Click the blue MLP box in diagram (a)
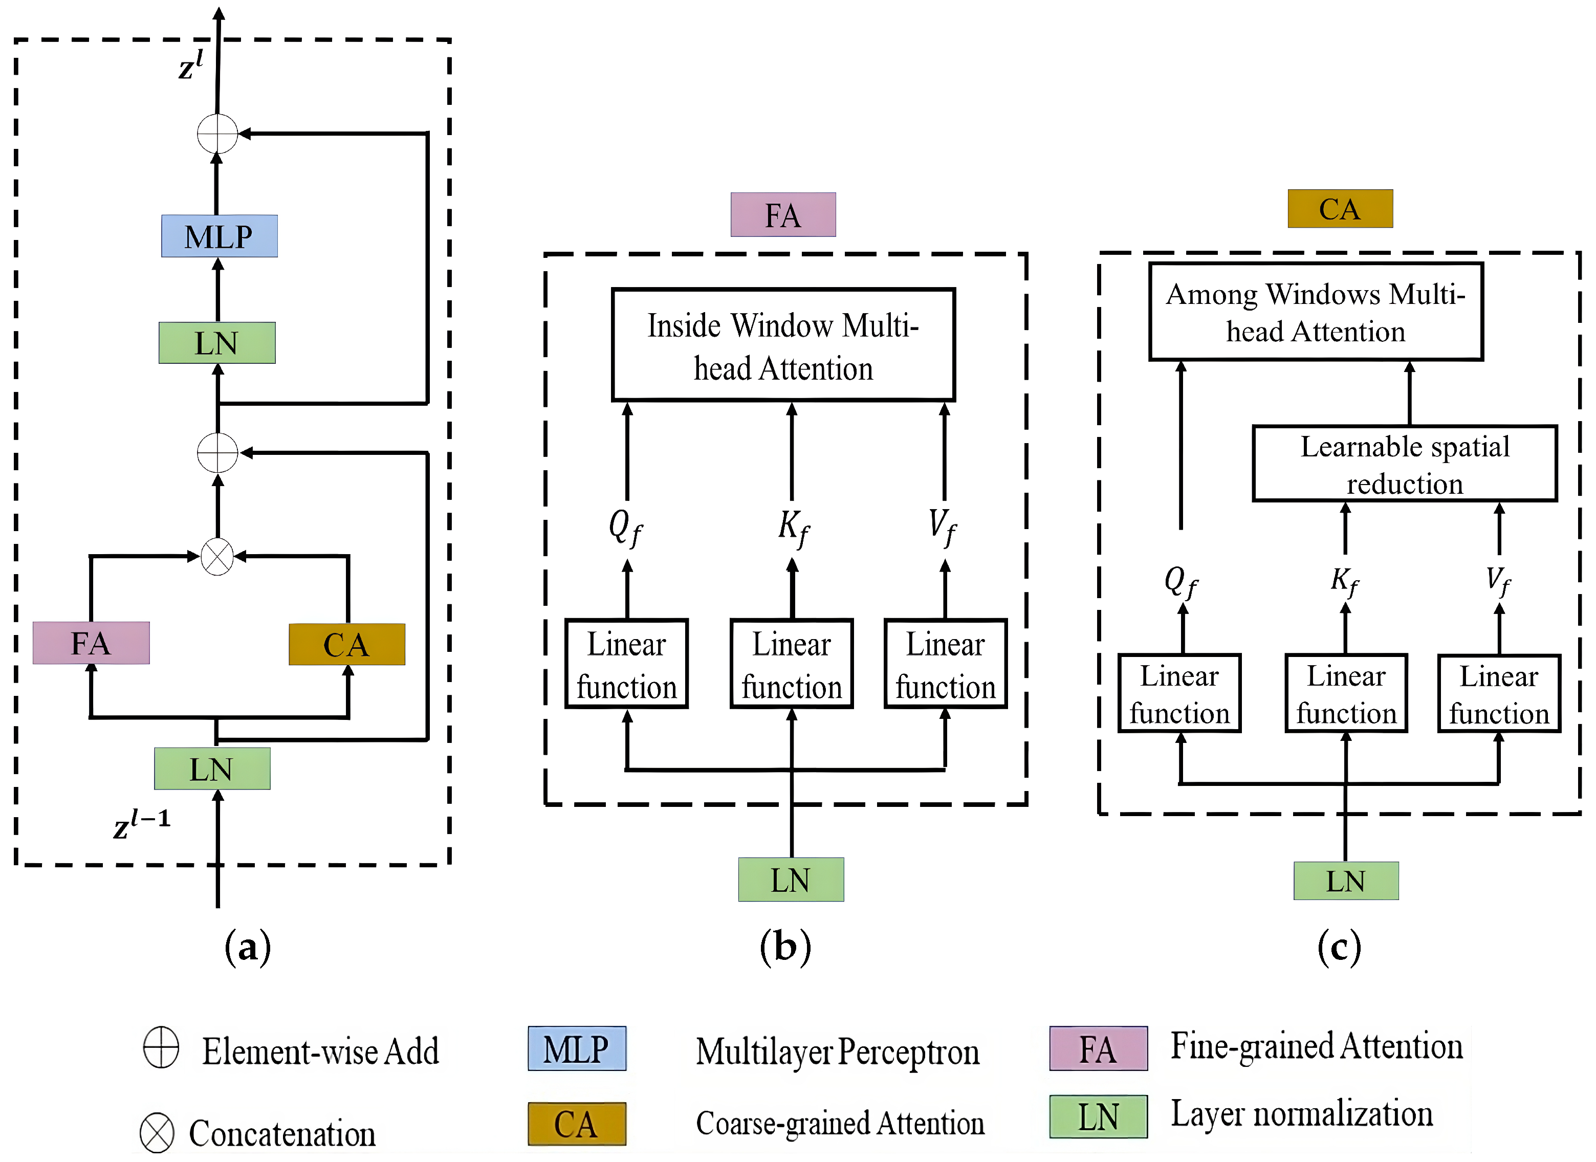[x=219, y=236]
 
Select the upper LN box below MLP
[x=217, y=343]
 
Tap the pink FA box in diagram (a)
[x=91, y=643]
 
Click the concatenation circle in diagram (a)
[x=217, y=557]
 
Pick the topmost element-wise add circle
[x=217, y=134]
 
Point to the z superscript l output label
[x=190, y=65]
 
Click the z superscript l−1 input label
[x=141, y=823]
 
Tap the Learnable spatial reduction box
[x=1404, y=464]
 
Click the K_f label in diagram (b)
[x=793, y=527]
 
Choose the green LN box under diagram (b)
[x=790, y=880]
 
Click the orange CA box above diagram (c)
[x=1339, y=209]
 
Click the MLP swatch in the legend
[x=576, y=1049]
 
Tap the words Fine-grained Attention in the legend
[x=1316, y=1046]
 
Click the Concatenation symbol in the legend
[x=156, y=1132]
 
